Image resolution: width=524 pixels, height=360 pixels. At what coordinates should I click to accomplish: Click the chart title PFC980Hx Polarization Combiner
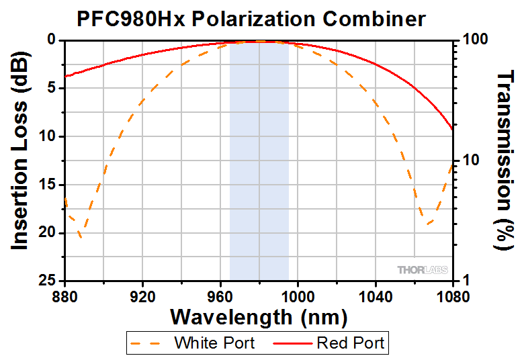[x=251, y=18]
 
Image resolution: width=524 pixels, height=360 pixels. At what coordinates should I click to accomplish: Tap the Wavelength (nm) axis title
[x=259, y=316]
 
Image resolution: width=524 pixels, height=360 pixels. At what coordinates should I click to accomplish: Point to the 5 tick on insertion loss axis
[x=52, y=89]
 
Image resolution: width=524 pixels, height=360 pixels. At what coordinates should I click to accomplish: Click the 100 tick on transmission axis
[x=474, y=40]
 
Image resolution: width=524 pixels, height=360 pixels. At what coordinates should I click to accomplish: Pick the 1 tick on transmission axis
[x=466, y=281]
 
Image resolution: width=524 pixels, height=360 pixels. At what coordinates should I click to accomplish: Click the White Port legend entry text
[x=214, y=343]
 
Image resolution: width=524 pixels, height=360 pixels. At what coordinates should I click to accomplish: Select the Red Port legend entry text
[x=350, y=343]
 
